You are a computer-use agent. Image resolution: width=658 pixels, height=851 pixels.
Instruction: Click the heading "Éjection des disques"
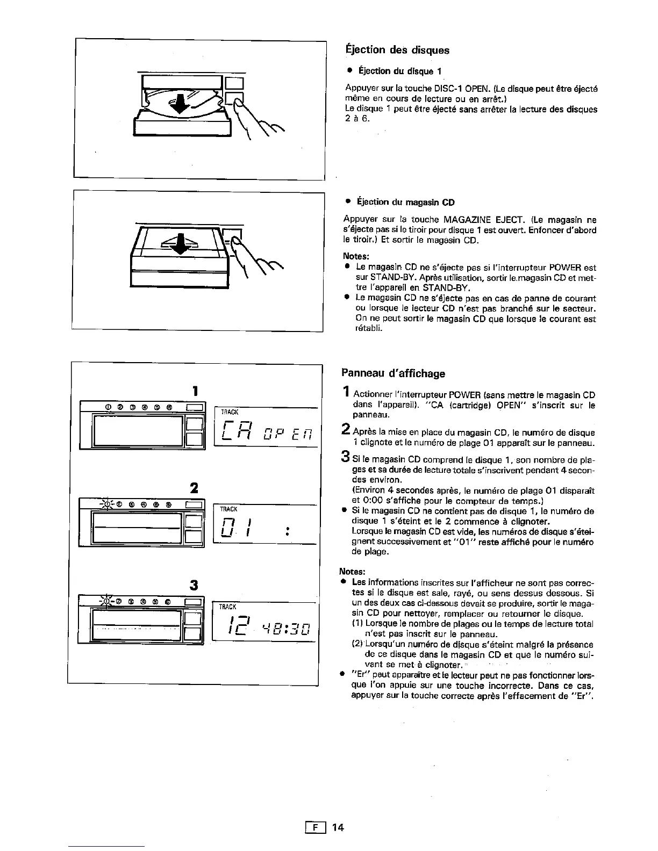pos(397,50)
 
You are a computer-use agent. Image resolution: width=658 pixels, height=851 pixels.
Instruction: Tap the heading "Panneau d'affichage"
pos(394,373)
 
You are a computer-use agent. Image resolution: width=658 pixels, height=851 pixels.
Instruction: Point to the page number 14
pos(338,827)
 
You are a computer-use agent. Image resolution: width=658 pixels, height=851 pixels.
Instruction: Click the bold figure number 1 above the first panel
pos(196,390)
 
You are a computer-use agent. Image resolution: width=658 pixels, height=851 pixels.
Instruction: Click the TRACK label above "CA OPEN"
pos(230,412)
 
